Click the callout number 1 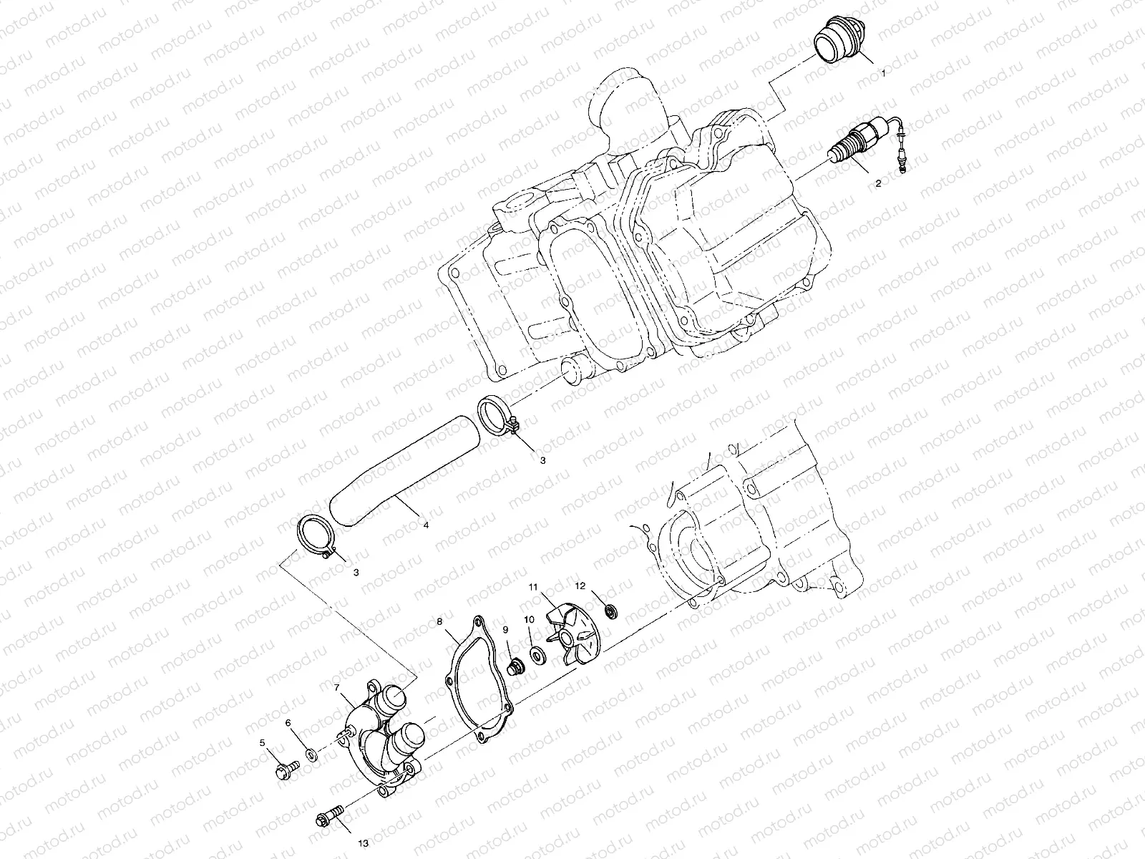(884, 73)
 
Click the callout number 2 (878, 183)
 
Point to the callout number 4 (426, 525)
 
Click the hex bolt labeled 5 (284, 772)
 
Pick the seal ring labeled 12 (611, 611)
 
